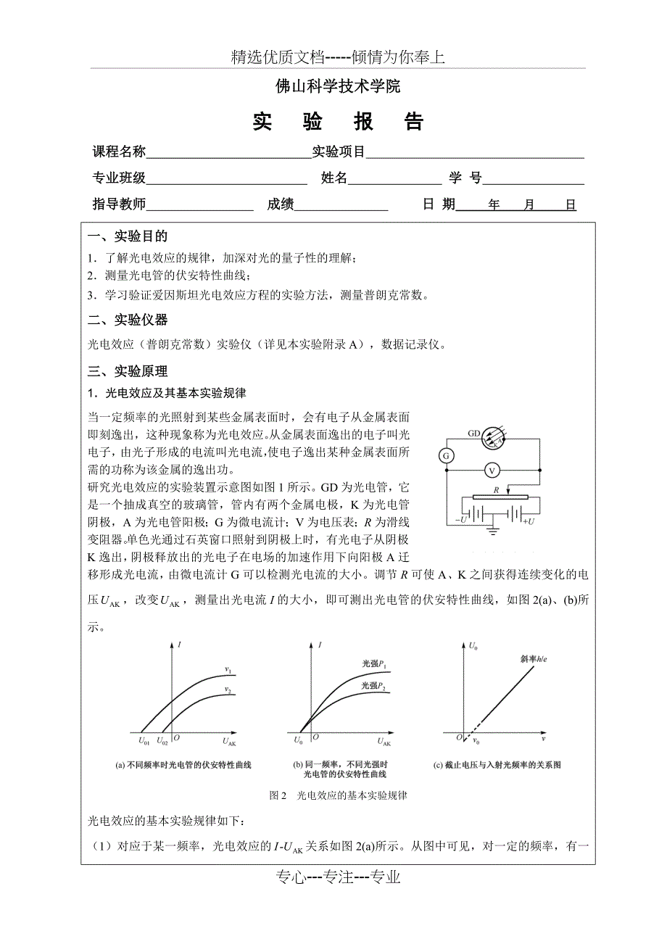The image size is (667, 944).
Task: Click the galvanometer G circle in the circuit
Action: tap(447, 455)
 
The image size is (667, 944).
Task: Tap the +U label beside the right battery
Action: tap(528, 521)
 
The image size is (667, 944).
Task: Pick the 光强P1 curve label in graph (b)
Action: tap(374, 664)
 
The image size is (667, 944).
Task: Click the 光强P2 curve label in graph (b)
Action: tap(374, 686)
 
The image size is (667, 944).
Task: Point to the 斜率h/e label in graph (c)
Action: tap(534, 659)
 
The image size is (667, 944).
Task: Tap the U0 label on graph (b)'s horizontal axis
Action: tap(298, 741)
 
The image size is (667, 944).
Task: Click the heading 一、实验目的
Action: tap(128, 236)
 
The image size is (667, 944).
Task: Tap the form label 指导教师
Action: tap(120, 204)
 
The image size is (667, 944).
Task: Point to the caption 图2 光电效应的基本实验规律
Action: tap(338, 795)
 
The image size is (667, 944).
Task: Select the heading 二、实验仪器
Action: tap(128, 320)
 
